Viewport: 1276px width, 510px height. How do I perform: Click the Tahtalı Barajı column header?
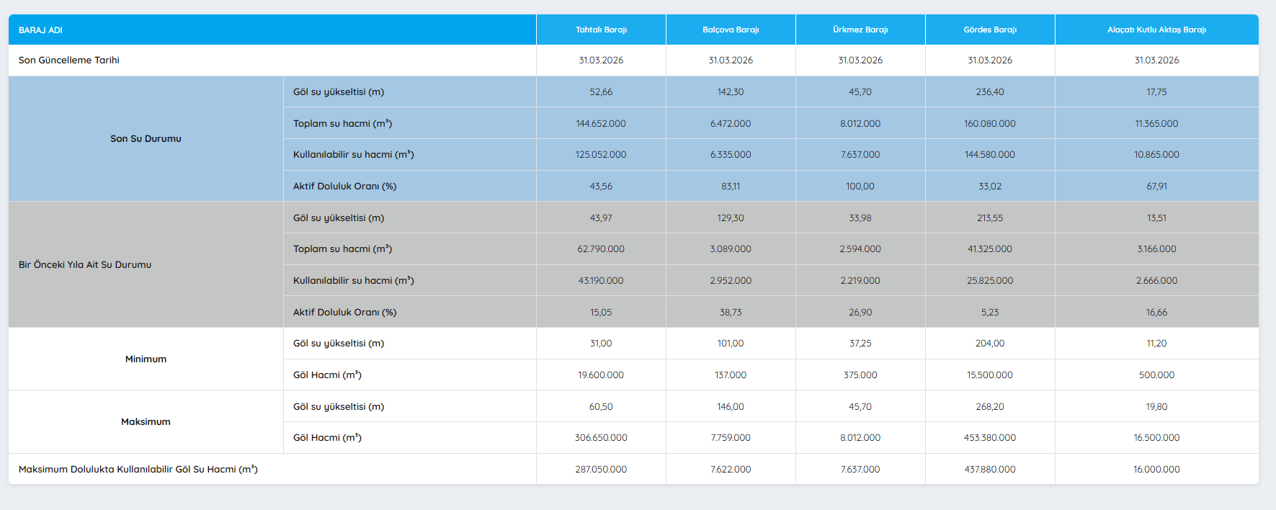click(x=601, y=30)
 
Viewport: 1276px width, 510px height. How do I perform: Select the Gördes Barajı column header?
click(x=990, y=30)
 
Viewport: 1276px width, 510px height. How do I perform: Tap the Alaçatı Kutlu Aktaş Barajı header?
click(x=1156, y=30)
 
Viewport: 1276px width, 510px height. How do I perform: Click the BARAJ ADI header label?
click(x=40, y=30)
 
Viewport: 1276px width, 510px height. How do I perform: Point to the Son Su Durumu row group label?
click(x=146, y=138)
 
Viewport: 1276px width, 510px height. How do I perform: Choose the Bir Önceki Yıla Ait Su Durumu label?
click(x=85, y=264)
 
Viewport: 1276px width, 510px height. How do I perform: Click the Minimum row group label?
click(x=146, y=359)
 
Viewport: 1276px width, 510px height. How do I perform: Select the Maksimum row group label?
click(x=146, y=421)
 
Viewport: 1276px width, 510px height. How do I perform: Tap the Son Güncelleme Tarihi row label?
click(x=69, y=60)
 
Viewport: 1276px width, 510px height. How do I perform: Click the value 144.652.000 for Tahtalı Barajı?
click(x=601, y=123)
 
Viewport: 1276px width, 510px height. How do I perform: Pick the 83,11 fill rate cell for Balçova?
click(x=731, y=186)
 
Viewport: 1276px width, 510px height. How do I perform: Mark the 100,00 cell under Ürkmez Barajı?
click(x=860, y=186)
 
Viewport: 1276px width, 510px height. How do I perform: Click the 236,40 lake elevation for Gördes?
click(x=990, y=91)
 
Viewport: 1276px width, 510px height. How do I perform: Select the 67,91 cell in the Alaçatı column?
click(x=1156, y=186)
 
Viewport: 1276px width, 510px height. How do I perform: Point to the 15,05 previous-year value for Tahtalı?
click(x=601, y=312)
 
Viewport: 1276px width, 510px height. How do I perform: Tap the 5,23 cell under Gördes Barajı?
click(x=990, y=312)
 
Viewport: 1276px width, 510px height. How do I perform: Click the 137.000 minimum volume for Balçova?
click(x=731, y=375)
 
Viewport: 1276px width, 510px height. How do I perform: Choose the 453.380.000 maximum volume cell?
click(x=990, y=437)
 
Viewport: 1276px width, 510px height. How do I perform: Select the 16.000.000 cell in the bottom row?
click(x=1156, y=469)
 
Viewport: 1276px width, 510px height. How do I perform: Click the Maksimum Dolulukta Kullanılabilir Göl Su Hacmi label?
click(x=138, y=469)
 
